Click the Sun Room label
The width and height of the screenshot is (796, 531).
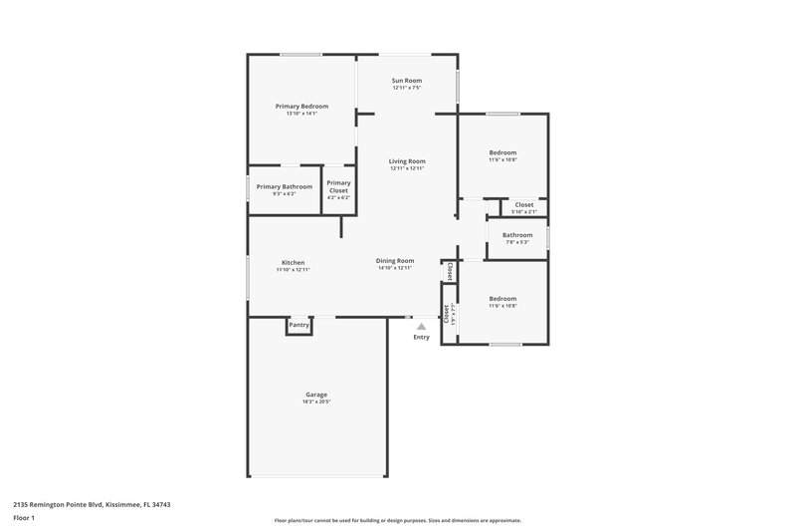pyautogui.click(x=406, y=80)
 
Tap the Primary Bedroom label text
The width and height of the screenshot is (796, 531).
pyautogui.click(x=301, y=106)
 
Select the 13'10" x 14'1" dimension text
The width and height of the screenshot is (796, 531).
pyautogui.click(x=301, y=114)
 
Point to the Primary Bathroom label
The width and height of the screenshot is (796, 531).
pyautogui.click(x=284, y=186)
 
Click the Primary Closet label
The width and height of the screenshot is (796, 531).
pyautogui.click(x=338, y=185)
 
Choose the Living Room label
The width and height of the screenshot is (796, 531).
pyautogui.click(x=407, y=160)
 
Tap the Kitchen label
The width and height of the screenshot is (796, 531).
pyautogui.click(x=293, y=262)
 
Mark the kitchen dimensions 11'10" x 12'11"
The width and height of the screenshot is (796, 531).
pyautogui.click(x=293, y=270)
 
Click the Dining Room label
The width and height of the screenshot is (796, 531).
pyautogui.click(x=395, y=261)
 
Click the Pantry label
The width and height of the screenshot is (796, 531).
pyautogui.click(x=298, y=325)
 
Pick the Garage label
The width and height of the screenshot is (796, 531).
pyautogui.click(x=316, y=395)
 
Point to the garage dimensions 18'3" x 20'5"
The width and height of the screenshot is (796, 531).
pyautogui.click(x=316, y=402)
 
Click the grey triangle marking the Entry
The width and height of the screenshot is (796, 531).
pyautogui.click(x=421, y=326)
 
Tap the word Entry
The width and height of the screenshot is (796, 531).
pyautogui.click(x=421, y=338)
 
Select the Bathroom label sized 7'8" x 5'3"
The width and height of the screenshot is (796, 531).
pyautogui.click(x=517, y=235)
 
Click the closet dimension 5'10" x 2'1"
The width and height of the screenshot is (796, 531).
pyautogui.click(x=523, y=212)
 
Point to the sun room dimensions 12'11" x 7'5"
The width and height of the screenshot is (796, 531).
pyautogui.click(x=406, y=88)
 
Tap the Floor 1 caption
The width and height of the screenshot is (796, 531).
pyautogui.click(x=25, y=519)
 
